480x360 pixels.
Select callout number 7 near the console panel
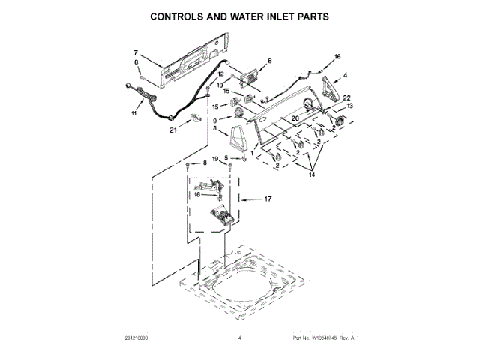(x=136, y=52)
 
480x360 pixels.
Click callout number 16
(x=337, y=56)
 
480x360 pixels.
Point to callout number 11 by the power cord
(x=135, y=114)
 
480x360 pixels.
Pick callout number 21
(x=173, y=130)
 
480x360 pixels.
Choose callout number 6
(x=269, y=61)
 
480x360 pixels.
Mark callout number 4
(x=345, y=75)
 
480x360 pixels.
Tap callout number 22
(x=346, y=98)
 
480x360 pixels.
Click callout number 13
(x=349, y=106)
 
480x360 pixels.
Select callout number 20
(x=295, y=118)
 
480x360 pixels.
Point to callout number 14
(x=312, y=174)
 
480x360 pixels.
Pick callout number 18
(x=197, y=193)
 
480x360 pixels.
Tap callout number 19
(x=214, y=159)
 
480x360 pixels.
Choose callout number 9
(x=214, y=120)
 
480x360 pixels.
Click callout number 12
(x=220, y=73)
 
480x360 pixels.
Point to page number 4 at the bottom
(x=239, y=338)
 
